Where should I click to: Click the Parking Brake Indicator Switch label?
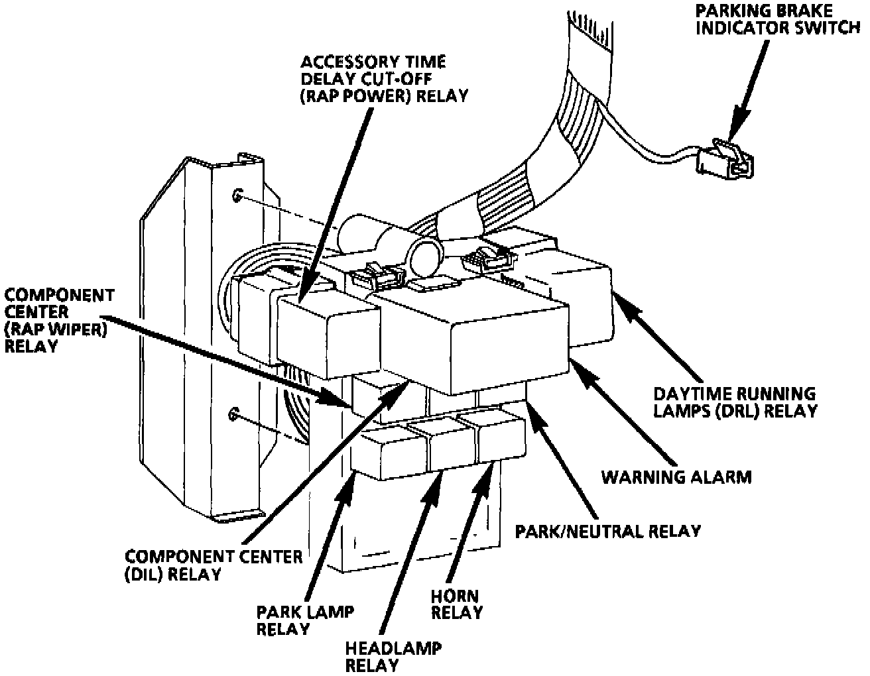point(781,21)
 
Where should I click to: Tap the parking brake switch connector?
point(727,158)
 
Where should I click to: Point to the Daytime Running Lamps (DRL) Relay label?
point(735,402)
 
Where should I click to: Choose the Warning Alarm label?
point(676,477)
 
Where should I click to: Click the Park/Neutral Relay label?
point(608,531)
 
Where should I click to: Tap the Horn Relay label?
point(456,604)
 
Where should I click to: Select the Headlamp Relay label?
point(393,655)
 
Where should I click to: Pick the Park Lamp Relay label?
point(286,620)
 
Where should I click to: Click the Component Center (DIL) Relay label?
point(214,565)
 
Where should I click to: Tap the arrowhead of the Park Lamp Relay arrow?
point(349,484)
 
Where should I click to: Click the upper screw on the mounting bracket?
point(237,195)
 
